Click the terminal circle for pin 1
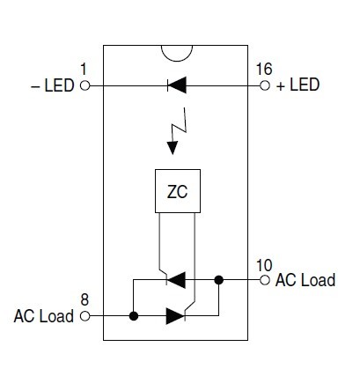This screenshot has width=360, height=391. click(84, 85)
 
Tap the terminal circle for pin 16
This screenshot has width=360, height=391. click(265, 85)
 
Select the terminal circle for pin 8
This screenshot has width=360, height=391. click(84, 316)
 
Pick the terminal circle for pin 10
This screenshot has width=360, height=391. click(265, 280)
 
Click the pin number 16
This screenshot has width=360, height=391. click(264, 70)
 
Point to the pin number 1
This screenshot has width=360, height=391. click(84, 70)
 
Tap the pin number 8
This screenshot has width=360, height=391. click(84, 300)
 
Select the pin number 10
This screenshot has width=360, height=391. click(264, 265)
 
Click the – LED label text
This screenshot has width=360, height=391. click(53, 85)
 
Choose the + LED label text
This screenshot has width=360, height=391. click(298, 85)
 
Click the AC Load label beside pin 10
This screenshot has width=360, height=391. click(305, 280)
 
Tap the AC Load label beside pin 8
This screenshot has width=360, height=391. click(44, 316)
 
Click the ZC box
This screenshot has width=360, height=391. click(178, 191)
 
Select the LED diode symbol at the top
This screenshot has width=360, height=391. click(177, 85)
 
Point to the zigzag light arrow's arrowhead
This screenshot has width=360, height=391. click(173, 148)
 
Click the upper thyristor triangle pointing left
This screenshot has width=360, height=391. click(176, 280)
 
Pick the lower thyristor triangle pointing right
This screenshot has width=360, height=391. click(175, 316)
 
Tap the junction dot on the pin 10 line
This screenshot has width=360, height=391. click(218, 280)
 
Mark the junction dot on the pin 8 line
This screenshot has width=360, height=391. click(134, 316)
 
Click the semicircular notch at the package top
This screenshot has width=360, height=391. click(177, 61)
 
